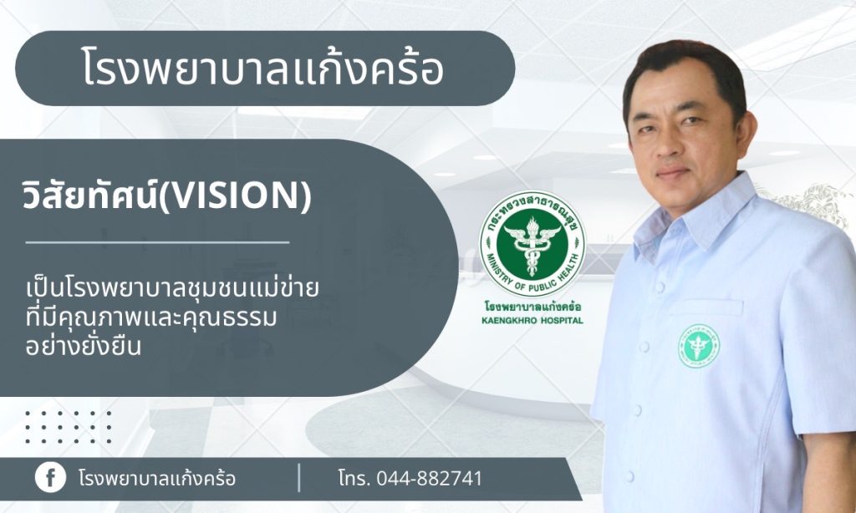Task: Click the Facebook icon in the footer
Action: point(50,478)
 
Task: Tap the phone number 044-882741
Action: point(429,479)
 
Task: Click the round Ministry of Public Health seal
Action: point(532,244)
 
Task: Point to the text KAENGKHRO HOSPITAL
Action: point(532,320)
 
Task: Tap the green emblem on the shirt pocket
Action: point(698,346)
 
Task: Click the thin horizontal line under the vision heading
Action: point(157,241)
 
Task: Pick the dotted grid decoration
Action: point(69,427)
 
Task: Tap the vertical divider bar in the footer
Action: point(298,478)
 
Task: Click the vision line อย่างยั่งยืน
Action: point(83,346)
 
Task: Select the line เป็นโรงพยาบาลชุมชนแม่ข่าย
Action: point(172,288)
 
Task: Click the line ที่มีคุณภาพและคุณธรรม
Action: point(150,317)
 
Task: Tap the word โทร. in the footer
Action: point(354,479)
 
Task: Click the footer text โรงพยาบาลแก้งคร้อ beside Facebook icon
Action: point(157,479)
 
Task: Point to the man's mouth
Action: point(674,174)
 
